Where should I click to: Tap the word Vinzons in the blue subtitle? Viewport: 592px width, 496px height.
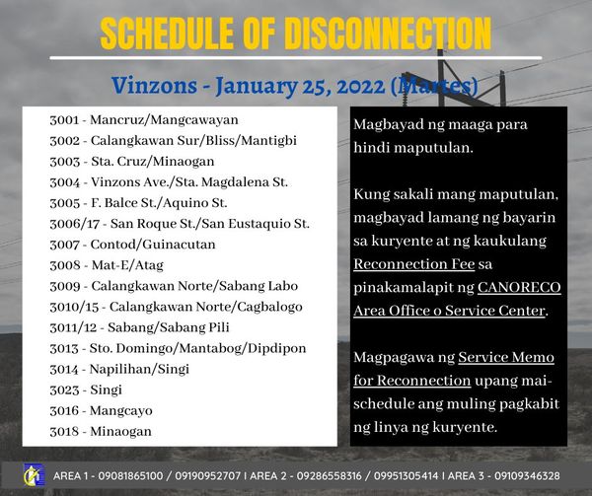pyautogui.click(x=154, y=86)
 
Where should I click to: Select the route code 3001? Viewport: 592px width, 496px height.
pyautogui.click(x=64, y=120)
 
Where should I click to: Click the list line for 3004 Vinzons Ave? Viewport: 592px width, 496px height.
pyautogui.click(x=169, y=182)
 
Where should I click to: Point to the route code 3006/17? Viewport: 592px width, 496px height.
pyautogui.click(x=75, y=224)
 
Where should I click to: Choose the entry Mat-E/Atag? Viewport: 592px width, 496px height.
pyautogui.click(x=127, y=265)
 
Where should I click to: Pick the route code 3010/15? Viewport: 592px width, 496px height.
pyautogui.click(x=74, y=307)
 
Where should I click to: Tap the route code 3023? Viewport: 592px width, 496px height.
pyautogui.click(x=64, y=390)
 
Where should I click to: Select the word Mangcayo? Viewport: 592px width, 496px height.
pyautogui.click(x=120, y=411)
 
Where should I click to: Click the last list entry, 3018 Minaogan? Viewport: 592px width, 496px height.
pyautogui.click(x=101, y=431)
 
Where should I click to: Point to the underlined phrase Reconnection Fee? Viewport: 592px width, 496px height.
pyautogui.click(x=413, y=264)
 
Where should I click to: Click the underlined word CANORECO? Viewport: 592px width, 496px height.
pyautogui.click(x=519, y=287)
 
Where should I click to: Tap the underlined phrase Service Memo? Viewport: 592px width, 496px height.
pyautogui.click(x=506, y=357)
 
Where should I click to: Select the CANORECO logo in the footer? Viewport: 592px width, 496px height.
pyautogui.click(x=34, y=475)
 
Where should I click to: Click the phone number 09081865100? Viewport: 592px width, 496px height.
pyautogui.click(x=130, y=476)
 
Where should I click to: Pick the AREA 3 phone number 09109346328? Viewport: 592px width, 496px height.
pyautogui.click(x=527, y=476)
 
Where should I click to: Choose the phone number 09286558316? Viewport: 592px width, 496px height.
pyautogui.click(x=330, y=476)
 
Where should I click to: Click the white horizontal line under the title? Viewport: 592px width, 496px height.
pyautogui.click(x=296, y=58)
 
